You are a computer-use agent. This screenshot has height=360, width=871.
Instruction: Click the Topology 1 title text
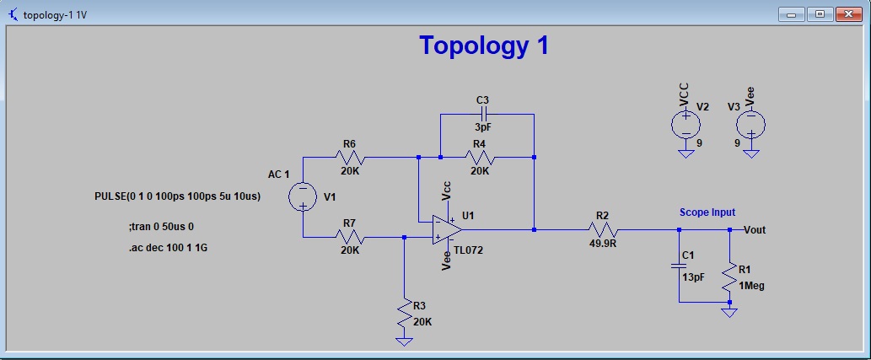click(x=484, y=46)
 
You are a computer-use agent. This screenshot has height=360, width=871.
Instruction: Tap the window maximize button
click(x=819, y=13)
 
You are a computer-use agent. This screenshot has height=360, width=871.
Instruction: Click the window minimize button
click(x=792, y=13)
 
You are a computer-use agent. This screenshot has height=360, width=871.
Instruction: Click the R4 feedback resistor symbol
click(x=479, y=157)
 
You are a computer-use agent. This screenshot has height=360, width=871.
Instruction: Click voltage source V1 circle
click(x=302, y=197)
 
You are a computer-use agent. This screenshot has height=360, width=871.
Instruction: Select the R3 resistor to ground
click(x=405, y=314)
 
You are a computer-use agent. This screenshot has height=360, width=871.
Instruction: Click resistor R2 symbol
click(x=602, y=229)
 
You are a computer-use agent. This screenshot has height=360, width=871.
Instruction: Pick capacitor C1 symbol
click(x=679, y=266)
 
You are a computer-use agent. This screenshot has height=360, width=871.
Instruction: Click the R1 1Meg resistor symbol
click(x=729, y=278)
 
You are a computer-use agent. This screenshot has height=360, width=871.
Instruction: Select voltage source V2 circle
click(x=686, y=125)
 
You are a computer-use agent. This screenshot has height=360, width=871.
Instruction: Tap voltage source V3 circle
click(x=750, y=125)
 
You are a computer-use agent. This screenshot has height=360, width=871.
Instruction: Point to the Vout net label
click(x=755, y=229)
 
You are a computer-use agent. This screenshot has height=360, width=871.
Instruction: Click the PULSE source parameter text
click(x=177, y=196)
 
